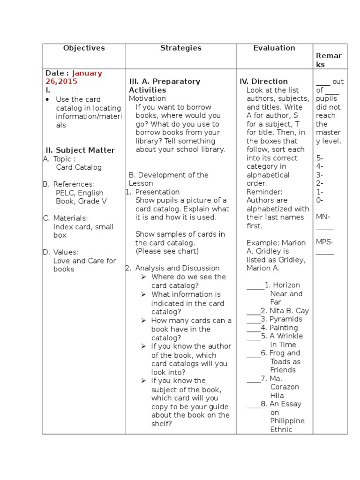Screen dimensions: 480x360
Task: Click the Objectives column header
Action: coord(84,48)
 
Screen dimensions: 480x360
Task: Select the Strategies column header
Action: coord(180,48)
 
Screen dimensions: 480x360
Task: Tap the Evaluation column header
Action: coord(274,48)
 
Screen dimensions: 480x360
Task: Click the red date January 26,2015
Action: coord(74,77)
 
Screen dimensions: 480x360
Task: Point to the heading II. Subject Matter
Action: coord(80,150)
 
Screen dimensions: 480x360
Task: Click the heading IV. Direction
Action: coord(263,82)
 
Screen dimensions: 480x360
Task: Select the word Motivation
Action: coord(147,98)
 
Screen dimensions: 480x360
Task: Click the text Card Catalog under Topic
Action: coord(79,167)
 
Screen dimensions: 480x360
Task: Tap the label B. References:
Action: coord(69,184)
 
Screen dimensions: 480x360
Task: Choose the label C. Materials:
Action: coord(66,218)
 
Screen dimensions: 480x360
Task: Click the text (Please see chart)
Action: coord(167,251)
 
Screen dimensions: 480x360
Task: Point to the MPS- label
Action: coord(324,242)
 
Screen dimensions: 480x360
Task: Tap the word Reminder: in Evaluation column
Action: coord(264,192)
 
